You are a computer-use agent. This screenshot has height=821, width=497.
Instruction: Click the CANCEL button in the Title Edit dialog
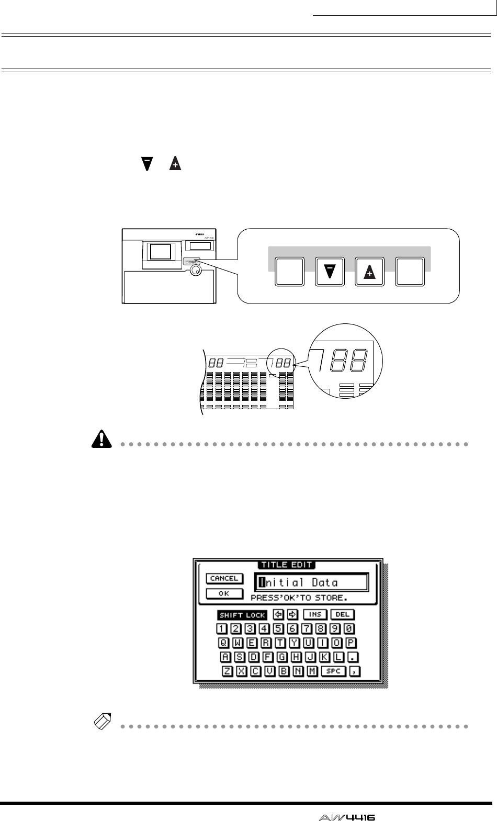tap(224, 578)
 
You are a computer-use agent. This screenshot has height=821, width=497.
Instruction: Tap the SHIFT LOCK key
tap(242, 615)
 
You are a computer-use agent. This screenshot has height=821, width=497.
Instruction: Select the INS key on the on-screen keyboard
tap(314, 614)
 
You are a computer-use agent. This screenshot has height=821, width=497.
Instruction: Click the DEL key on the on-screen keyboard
tap(342, 614)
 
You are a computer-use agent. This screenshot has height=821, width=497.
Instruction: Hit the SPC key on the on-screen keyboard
tap(333, 671)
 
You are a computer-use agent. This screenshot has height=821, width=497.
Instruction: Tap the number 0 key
tap(349, 628)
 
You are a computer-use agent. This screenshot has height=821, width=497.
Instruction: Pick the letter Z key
tap(228, 671)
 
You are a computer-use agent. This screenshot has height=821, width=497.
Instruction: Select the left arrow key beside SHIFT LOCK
tap(278, 614)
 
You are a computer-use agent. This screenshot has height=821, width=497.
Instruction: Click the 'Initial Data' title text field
tap(311, 582)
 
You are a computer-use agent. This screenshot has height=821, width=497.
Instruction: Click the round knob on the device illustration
tap(195, 270)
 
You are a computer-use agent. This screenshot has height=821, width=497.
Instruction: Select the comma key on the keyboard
tap(356, 671)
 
